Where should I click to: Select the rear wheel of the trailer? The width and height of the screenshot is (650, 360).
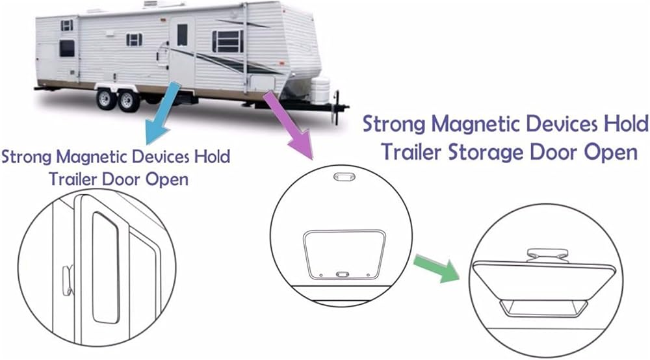(104, 99)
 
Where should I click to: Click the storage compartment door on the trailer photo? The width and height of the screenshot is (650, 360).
(261, 83)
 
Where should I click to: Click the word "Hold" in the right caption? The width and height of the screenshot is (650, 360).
(623, 123)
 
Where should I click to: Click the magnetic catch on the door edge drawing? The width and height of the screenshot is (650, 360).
(66, 279)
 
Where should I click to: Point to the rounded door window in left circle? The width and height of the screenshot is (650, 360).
(103, 266)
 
